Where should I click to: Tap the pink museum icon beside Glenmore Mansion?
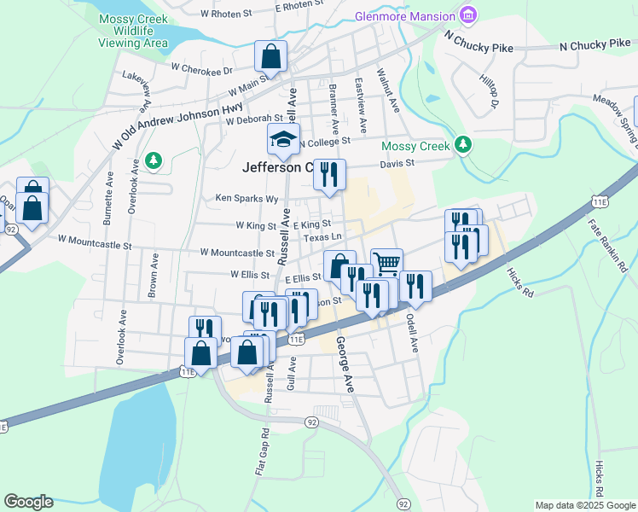pyautogui.click(x=467, y=15)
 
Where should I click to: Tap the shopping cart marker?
pyautogui.click(x=386, y=264)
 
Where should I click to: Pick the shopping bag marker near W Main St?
pyautogui.click(x=270, y=57)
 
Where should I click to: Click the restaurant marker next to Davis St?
pyautogui.click(x=329, y=174)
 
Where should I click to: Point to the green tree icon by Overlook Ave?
pyautogui.click(x=154, y=160)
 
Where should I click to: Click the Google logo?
pyautogui.click(x=28, y=502)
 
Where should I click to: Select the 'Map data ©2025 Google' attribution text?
pyautogui.click(x=584, y=505)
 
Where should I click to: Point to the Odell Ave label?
pyautogui.click(x=413, y=332)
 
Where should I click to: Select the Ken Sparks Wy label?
pyautogui.click(x=247, y=199)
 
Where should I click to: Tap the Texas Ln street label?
pyautogui.click(x=323, y=236)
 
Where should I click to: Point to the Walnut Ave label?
pyautogui.click(x=387, y=91)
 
